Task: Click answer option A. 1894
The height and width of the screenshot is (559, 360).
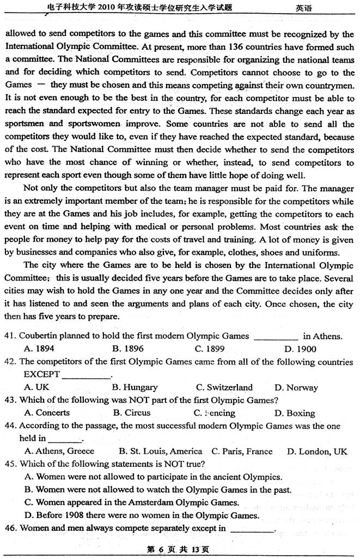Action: point(39,349)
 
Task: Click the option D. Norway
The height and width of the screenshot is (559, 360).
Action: point(296,387)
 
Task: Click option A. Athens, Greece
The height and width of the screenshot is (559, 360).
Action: point(59,451)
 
